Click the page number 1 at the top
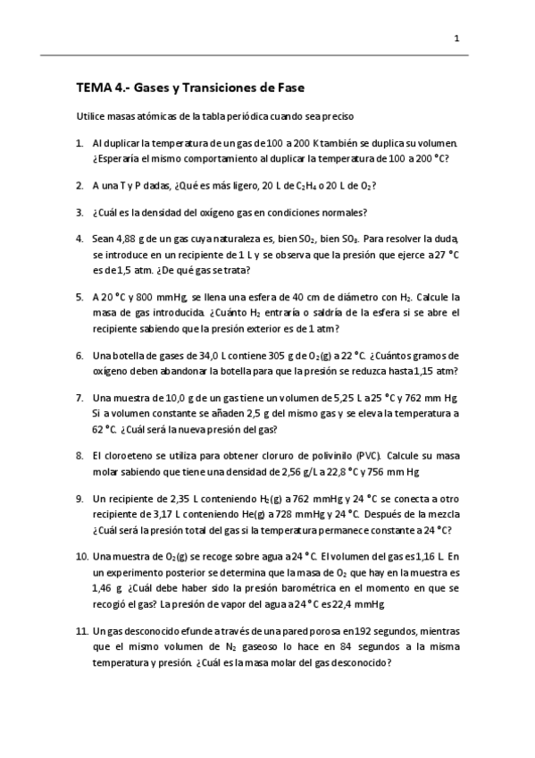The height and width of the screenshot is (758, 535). coord(456,38)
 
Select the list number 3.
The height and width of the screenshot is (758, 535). coord(80,213)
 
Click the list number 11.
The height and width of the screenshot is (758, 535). coord(82,632)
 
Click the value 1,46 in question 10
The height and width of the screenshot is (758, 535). coord(103,588)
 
